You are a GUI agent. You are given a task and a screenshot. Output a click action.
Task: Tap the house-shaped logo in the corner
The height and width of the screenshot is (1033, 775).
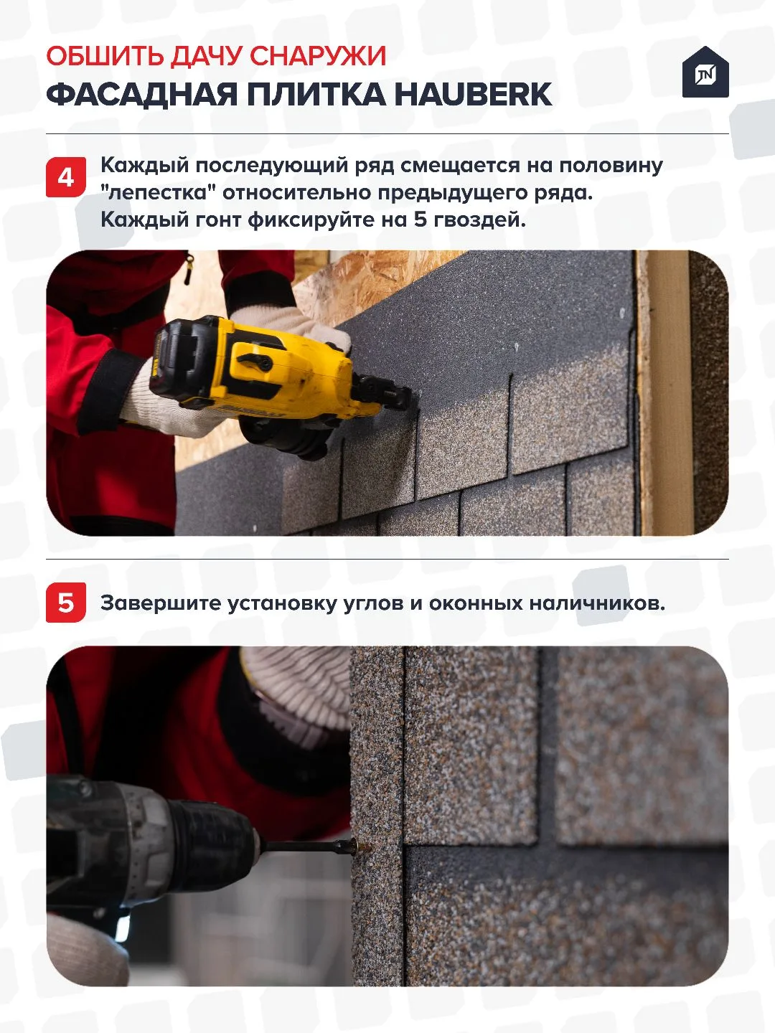pos(705,72)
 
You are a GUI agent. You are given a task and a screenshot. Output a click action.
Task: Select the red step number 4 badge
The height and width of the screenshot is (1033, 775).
pos(66,177)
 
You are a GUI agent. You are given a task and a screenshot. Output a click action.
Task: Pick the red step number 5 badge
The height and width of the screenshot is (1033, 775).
pos(66,603)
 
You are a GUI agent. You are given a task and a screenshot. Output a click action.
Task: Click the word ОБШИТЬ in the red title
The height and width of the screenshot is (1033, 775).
pos(105,57)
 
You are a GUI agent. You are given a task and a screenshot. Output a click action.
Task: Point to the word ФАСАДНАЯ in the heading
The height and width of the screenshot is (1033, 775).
pos(141,95)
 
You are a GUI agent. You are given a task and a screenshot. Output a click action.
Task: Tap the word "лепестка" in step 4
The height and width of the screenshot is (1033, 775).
pos(154,192)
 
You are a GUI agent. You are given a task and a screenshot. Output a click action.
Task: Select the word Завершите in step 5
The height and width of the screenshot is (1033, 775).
pos(161,603)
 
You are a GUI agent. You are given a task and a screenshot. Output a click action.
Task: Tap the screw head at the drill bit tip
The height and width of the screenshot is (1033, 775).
pos(364,848)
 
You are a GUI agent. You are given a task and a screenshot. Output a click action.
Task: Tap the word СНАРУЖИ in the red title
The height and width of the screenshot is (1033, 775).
pos(318,57)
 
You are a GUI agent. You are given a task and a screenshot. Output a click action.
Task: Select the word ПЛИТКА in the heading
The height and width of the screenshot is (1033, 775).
pos(315,95)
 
